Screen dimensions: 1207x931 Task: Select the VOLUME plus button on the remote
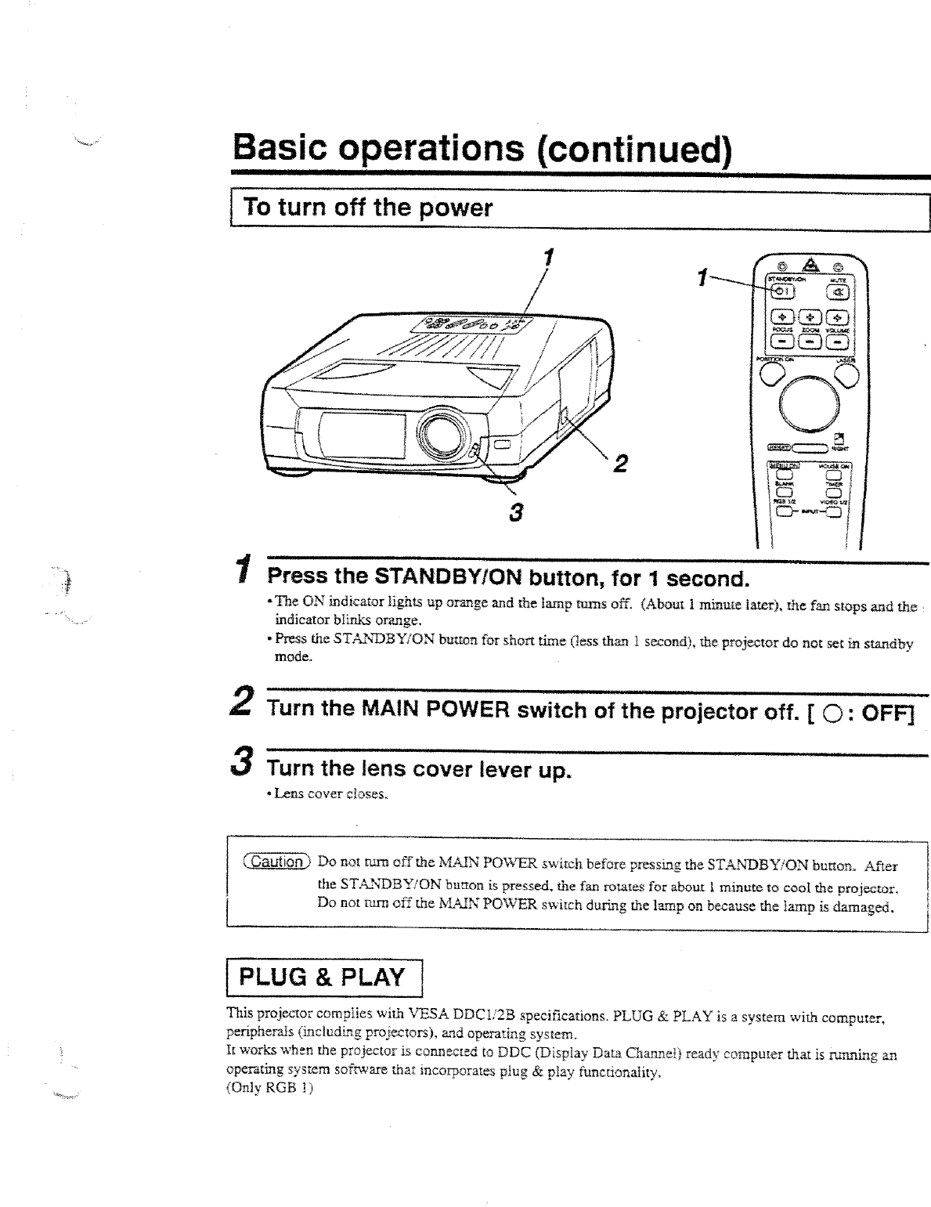(x=838, y=317)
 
